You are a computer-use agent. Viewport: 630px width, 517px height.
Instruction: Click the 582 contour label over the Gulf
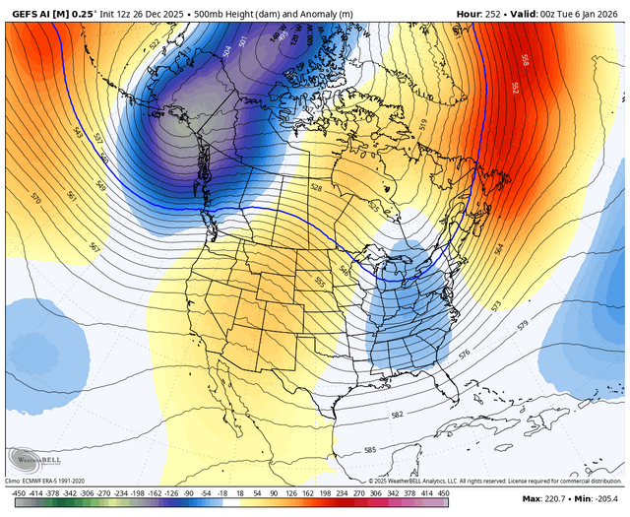pyautogui.click(x=397, y=416)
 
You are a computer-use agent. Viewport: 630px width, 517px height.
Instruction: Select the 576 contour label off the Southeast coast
pyautogui.click(x=464, y=352)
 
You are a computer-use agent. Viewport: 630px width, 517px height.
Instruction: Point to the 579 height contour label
pyautogui.click(x=523, y=324)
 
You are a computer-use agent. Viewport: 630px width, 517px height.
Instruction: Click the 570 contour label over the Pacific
pyautogui.click(x=37, y=198)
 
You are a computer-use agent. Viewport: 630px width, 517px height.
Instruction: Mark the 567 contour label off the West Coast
pyautogui.click(x=94, y=247)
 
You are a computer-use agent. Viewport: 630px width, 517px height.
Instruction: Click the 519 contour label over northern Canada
pyautogui.click(x=424, y=124)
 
